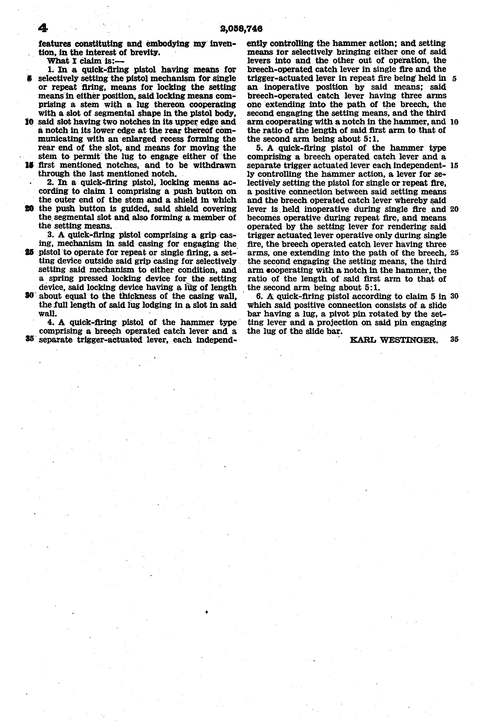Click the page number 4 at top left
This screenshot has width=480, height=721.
point(43,28)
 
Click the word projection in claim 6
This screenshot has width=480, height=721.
point(317,323)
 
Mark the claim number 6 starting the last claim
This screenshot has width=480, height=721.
point(259,296)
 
